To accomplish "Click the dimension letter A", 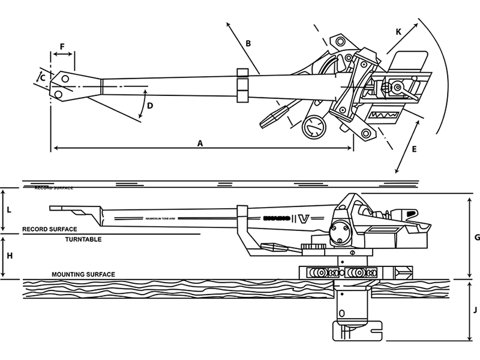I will (x=200, y=143).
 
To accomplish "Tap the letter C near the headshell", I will (x=42, y=76).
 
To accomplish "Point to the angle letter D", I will (x=151, y=106).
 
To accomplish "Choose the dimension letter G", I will (x=477, y=237).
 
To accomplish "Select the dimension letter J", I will (x=476, y=310).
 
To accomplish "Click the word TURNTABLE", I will (x=83, y=239).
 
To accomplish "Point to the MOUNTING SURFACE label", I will (x=83, y=274).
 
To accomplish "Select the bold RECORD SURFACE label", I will (x=49, y=229).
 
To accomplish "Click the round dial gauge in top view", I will (x=313, y=127).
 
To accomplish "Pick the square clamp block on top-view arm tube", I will (x=242, y=85).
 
